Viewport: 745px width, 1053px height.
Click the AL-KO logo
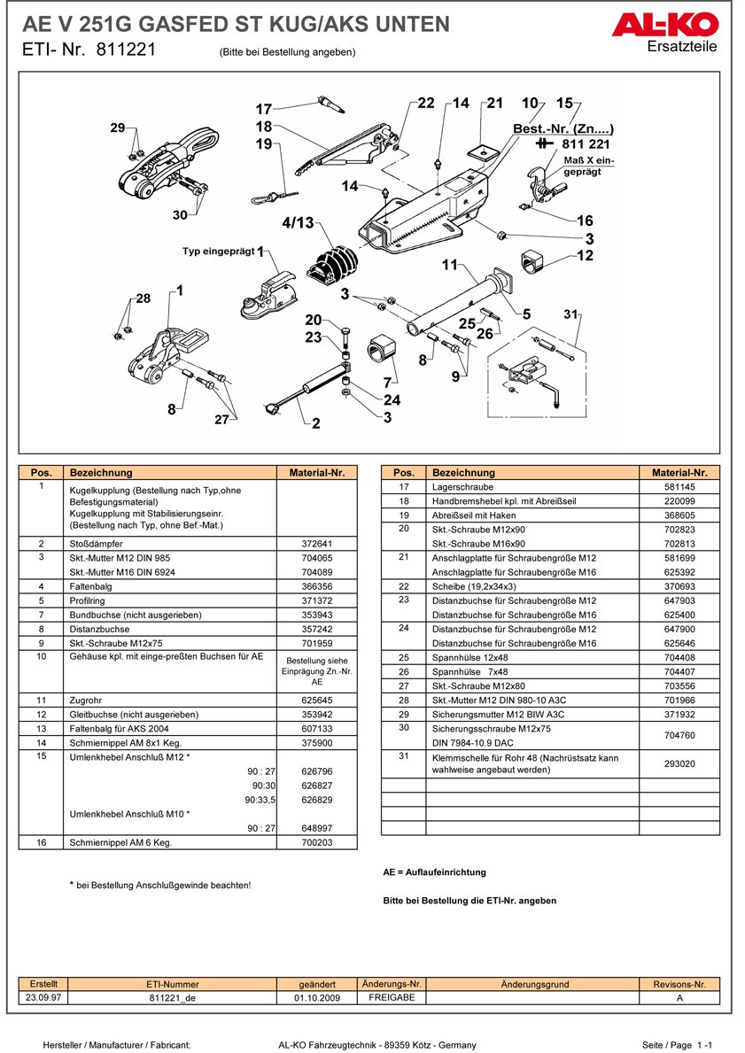point(664,26)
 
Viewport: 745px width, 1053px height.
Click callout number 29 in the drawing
point(118,127)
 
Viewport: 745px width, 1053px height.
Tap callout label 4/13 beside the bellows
point(298,222)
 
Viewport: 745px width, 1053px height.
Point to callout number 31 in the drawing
point(570,314)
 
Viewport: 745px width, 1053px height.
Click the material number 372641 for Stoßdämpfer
point(316,544)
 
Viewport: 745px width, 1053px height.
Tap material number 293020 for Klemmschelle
point(679,763)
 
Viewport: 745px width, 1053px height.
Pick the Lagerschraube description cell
point(462,487)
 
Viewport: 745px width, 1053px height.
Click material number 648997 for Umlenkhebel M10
point(316,828)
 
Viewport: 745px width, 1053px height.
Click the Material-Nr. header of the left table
point(316,473)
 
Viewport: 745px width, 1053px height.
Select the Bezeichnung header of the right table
point(463,473)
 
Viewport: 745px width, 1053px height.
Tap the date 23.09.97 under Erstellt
point(43,997)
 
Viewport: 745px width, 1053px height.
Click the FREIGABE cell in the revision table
point(392,997)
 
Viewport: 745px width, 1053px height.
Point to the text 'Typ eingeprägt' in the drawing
point(218,252)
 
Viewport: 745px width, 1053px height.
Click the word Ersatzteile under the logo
point(682,46)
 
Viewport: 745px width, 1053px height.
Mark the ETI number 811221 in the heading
point(127,50)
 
